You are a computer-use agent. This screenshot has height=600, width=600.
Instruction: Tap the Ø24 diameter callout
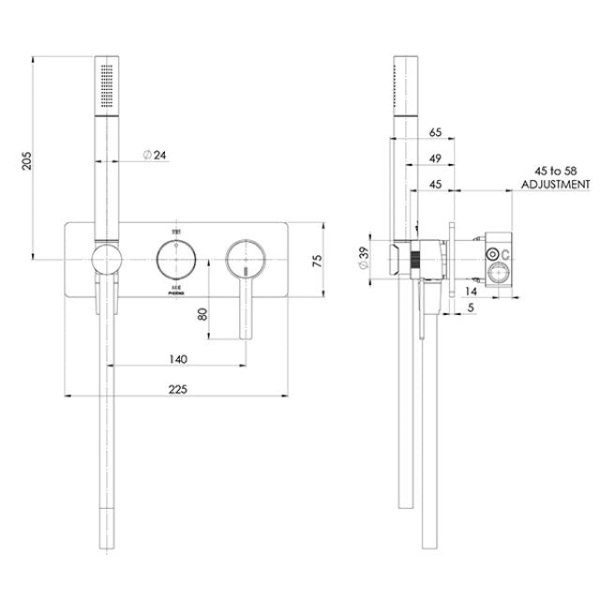click(x=155, y=155)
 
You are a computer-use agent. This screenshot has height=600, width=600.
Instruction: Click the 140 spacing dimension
click(x=178, y=359)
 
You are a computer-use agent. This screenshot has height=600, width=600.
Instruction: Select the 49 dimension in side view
click(x=434, y=158)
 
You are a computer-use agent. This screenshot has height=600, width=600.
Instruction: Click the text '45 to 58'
click(x=555, y=171)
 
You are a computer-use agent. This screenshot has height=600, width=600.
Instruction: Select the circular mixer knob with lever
click(x=242, y=256)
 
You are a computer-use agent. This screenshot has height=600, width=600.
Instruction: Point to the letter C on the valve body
click(x=506, y=254)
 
